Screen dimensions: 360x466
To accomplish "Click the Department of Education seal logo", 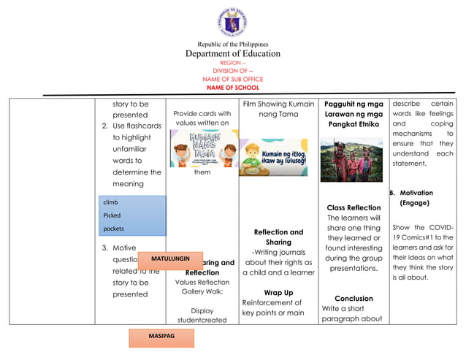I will click(232, 22).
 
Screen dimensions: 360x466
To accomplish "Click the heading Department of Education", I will click(232, 53).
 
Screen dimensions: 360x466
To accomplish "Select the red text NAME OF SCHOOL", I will click(232, 88).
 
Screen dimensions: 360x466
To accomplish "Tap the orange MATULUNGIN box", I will click(169, 259).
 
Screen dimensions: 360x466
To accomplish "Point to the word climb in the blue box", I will click(111, 202).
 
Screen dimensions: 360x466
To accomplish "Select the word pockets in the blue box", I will click(114, 229).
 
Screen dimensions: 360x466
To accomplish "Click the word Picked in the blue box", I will click(112, 215).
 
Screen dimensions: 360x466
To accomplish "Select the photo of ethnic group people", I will click(351, 159).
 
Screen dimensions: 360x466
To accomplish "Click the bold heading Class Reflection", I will click(354, 207).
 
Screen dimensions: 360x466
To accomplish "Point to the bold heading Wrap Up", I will click(278, 292).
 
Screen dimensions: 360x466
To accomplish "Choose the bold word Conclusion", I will click(354, 298).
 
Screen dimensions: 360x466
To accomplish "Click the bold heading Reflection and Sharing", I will click(278, 237).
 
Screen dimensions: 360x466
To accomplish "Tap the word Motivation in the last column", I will click(416, 194).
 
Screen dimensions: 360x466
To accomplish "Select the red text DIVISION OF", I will click(231, 71).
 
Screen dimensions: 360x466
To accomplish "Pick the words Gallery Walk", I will click(202, 291).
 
